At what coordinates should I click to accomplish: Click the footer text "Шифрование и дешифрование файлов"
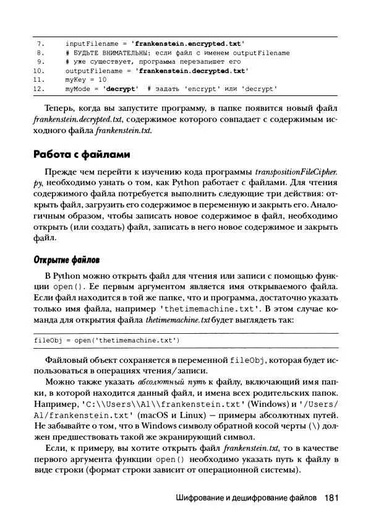(x=246, y=498)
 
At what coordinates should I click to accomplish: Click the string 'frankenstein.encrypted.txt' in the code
(x=189, y=44)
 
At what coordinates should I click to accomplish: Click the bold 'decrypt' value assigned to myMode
(x=121, y=89)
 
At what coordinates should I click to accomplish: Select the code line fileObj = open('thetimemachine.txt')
(x=107, y=340)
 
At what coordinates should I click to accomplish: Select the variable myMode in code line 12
(x=77, y=89)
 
